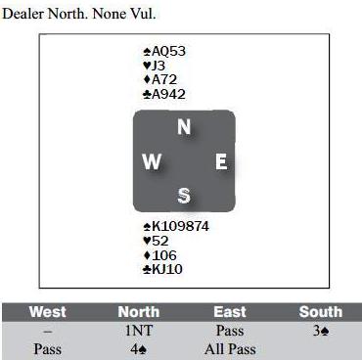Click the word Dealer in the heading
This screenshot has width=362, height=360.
pos(23,14)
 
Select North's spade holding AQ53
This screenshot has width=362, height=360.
pos(164,51)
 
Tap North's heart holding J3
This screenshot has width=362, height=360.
pos(154,66)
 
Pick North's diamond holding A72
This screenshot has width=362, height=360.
pos(160,79)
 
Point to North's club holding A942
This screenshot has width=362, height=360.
pos(164,94)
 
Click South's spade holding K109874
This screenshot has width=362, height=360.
pos(176,226)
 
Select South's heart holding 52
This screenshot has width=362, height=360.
pos(156,241)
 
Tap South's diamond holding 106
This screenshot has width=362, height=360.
pos(160,255)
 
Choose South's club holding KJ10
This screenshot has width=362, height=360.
pos(162,269)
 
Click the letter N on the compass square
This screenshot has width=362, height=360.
pos(184,127)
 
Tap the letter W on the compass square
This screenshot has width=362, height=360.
pos(152,161)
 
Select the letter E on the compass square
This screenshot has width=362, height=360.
pos(221,161)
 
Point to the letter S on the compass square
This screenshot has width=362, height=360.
pos(184,196)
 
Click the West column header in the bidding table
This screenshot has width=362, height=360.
pos(48,312)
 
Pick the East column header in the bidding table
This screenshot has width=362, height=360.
pos(230,312)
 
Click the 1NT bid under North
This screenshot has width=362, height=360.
pos(139,331)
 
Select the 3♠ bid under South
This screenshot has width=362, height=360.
pos(321,331)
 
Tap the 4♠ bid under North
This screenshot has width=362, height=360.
pos(139,349)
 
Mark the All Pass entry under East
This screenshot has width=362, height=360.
pos(230,349)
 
